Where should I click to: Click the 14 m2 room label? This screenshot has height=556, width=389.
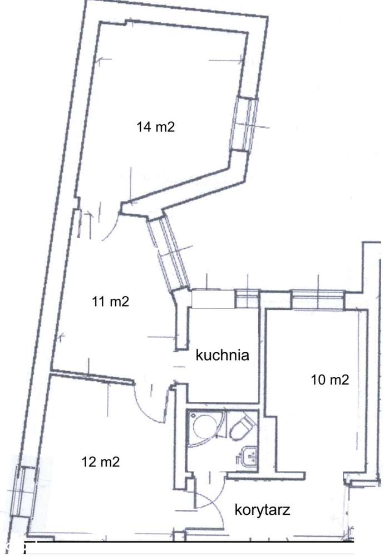tap(156, 126)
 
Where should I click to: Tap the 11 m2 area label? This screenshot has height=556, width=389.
tap(110, 302)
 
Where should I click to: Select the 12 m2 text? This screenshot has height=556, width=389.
tap(101, 462)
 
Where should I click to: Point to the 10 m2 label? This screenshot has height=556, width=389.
tap(330, 380)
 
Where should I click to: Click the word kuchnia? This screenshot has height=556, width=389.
tap(223, 355)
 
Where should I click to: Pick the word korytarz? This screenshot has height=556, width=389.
tap(263, 510)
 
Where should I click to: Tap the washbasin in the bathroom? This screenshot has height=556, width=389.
tap(248, 455)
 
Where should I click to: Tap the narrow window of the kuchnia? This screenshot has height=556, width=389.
tap(247, 298)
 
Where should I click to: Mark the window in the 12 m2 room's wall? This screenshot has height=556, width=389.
tap(22, 491)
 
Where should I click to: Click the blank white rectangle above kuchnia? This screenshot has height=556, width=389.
tap(213, 299)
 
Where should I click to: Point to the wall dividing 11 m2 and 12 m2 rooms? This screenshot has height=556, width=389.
tap(92, 377)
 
